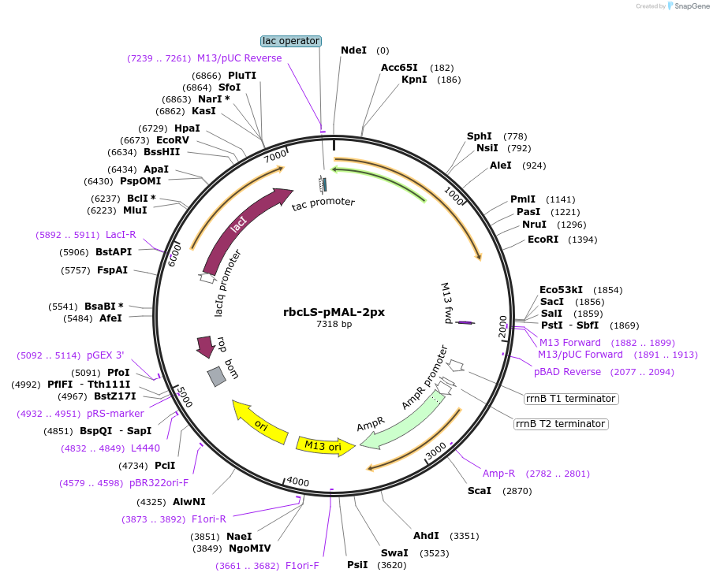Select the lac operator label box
[x=291, y=40]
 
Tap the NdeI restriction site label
[x=353, y=50]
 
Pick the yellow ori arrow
[x=259, y=422]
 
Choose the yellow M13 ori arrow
[x=324, y=446]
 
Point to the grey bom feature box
[x=216, y=377]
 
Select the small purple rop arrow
[x=206, y=345]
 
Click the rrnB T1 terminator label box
[x=571, y=399]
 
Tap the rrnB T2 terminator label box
[x=561, y=424]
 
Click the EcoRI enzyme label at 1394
[x=543, y=240]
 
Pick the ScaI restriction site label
[x=479, y=490]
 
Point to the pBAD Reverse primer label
[x=567, y=372]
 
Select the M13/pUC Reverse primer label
[x=239, y=58]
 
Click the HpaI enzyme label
[x=187, y=128]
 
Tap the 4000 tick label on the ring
[x=297, y=481]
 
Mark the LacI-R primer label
[x=121, y=235]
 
